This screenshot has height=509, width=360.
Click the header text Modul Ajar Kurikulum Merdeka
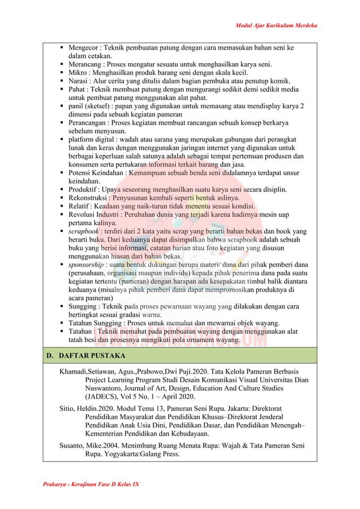[x=276, y=25]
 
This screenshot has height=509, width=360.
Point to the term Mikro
[x=78, y=73]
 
